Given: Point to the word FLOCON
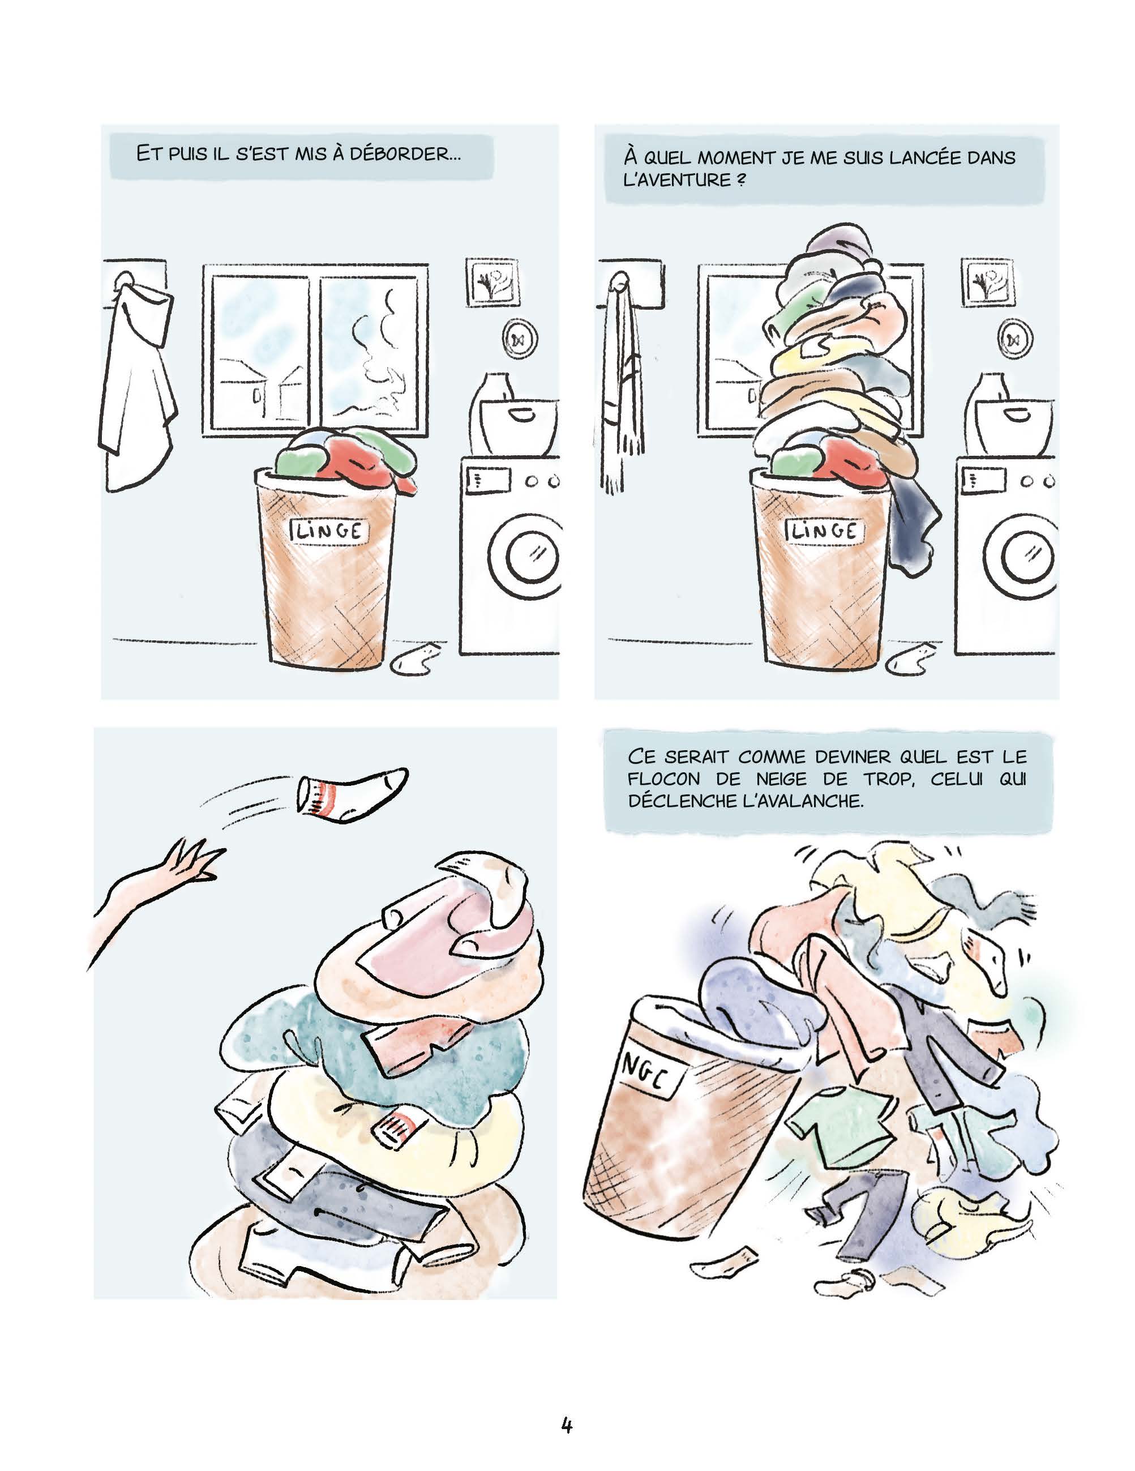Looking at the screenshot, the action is (663, 779).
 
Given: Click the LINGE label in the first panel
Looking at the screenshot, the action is (328, 531).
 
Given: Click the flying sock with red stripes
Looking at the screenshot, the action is (351, 793).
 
